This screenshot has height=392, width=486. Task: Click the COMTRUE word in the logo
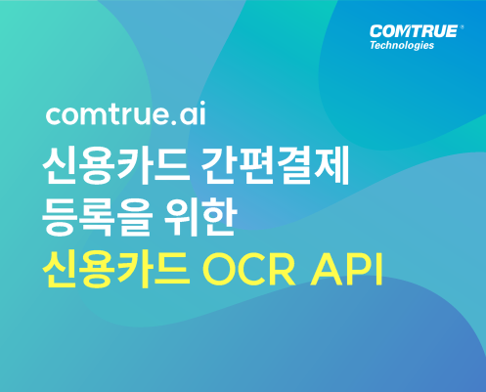coord(414,31)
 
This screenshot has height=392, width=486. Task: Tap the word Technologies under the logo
coord(402,45)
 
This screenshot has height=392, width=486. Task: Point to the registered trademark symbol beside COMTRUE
coord(462,27)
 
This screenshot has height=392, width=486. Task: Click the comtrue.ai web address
coord(126,113)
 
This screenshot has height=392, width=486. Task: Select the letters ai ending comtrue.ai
coord(193,113)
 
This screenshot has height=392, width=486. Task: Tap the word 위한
coord(199,217)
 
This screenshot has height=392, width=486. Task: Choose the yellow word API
coord(346,270)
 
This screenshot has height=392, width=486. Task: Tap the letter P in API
coord(357,270)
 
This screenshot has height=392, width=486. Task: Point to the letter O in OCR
coord(219,270)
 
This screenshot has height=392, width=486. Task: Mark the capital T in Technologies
coord(374,45)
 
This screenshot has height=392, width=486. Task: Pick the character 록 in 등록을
coord(98,217)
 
